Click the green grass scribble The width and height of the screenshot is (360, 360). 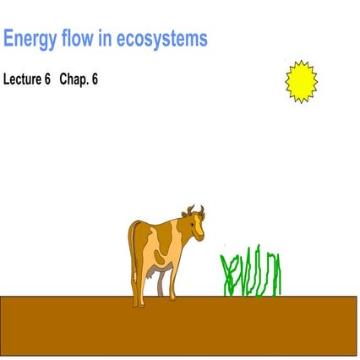click(250, 273)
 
